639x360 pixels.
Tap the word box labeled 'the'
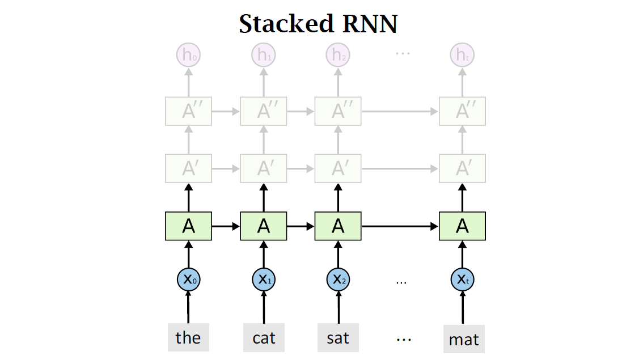click(188, 338)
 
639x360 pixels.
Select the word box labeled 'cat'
click(264, 338)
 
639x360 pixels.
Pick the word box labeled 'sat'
click(338, 338)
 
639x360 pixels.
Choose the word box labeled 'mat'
click(464, 340)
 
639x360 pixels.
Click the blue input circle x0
click(188, 279)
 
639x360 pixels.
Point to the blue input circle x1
click(264, 279)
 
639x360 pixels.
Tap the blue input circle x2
click(338, 279)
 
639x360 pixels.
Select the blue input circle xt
click(463, 279)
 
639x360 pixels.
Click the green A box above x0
click(188, 226)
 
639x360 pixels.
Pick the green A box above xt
click(462, 226)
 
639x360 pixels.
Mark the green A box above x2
click(338, 226)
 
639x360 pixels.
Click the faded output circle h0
click(188, 55)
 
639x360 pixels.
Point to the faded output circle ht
click(462, 55)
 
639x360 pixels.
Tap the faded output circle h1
click(264, 55)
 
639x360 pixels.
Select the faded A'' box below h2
click(338, 111)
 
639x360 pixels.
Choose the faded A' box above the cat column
click(264, 168)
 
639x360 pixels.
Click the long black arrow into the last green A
click(400, 226)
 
